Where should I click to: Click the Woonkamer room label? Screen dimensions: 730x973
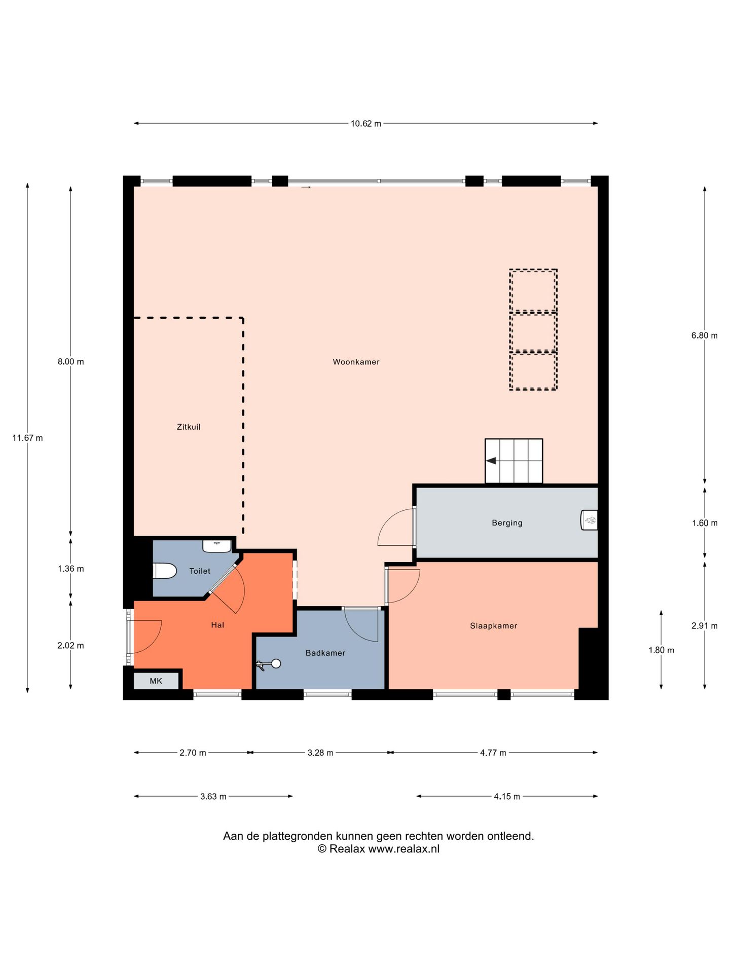pyautogui.click(x=356, y=362)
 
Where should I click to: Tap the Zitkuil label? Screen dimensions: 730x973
pyautogui.click(x=189, y=427)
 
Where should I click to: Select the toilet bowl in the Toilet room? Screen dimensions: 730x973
pyautogui.click(x=164, y=571)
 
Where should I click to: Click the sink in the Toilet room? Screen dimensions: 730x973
pyautogui.click(x=217, y=546)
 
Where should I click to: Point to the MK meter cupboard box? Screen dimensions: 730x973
pyautogui.click(x=156, y=681)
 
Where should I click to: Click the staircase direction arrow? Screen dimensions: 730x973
pyautogui.click(x=491, y=461)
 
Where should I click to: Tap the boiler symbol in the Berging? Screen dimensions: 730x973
pyautogui.click(x=589, y=520)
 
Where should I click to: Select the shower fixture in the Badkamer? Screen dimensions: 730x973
pyautogui.click(x=269, y=664)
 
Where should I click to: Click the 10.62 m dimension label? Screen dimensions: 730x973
pyautogui.click(x=366, y=123)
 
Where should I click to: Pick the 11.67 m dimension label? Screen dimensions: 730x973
pyautogui.click(x=27, y=438)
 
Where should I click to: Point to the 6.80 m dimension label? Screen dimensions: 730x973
pyautogui.click(x=704, y=335)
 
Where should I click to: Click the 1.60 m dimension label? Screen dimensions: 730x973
pyautogui.click(x=705, y=523)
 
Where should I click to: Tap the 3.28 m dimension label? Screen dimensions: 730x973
pyautogui.click(x=320, y=753)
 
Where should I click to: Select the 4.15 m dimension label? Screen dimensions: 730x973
pyautogui.click(x=507, y=796)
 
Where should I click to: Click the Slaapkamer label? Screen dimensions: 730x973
pyautogui.click(x=493, y=626)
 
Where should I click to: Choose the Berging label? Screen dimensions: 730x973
pyautogui.click(x=507, y=523)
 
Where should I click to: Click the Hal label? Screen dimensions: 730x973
pyautogui.click(x=217, y=625)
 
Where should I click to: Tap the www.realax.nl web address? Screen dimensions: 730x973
pyautogui.click(x=404, y=849)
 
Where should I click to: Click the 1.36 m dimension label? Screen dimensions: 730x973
pyautogui.click(x=71, y=569)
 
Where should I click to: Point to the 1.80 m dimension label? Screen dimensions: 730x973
pyautogui.click(x=661, y=650)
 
